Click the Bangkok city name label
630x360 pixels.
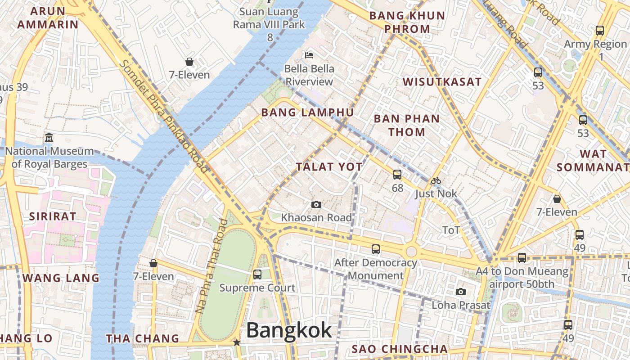pyautogui.click(x=289, y=330)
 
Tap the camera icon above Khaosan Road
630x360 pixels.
pyautogui.click(x=316, y=205)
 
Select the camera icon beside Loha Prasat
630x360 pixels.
pyautogui.click(x=460, y=292)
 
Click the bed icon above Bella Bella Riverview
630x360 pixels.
pyautogui.click(x=309, y=55)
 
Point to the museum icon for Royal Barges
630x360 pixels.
pyautogui.click(x=49, y=137)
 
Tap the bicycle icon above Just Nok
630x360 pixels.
pyautogui.click(x=436, y=181)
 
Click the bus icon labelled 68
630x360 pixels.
pyautogui.click(x=397, y=174)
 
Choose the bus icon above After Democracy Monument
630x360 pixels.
pyautogui.click(x=375, y=249)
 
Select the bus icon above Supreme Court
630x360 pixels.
pyautogui.click(x=257, y=274)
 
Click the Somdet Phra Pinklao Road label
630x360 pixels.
pyautogui.click(x=164, y=117)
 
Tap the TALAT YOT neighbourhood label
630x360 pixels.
pyautogui.click(x=329, y=167)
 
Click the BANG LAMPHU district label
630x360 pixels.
pyautogui.click(x=308, y=112)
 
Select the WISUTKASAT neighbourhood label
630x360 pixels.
pyautogui.click(x=442, y=82)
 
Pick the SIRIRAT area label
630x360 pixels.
pyautogui.click(x=53, y=216)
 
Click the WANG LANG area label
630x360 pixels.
pyautogui.click(x=61, y=278)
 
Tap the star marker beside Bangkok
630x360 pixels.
pyautogui.click(x=237, y=342)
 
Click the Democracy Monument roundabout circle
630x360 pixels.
pyautogui.click(x=411, y=252)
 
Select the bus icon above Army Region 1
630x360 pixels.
pyautogui.click(x=599, y=31)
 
